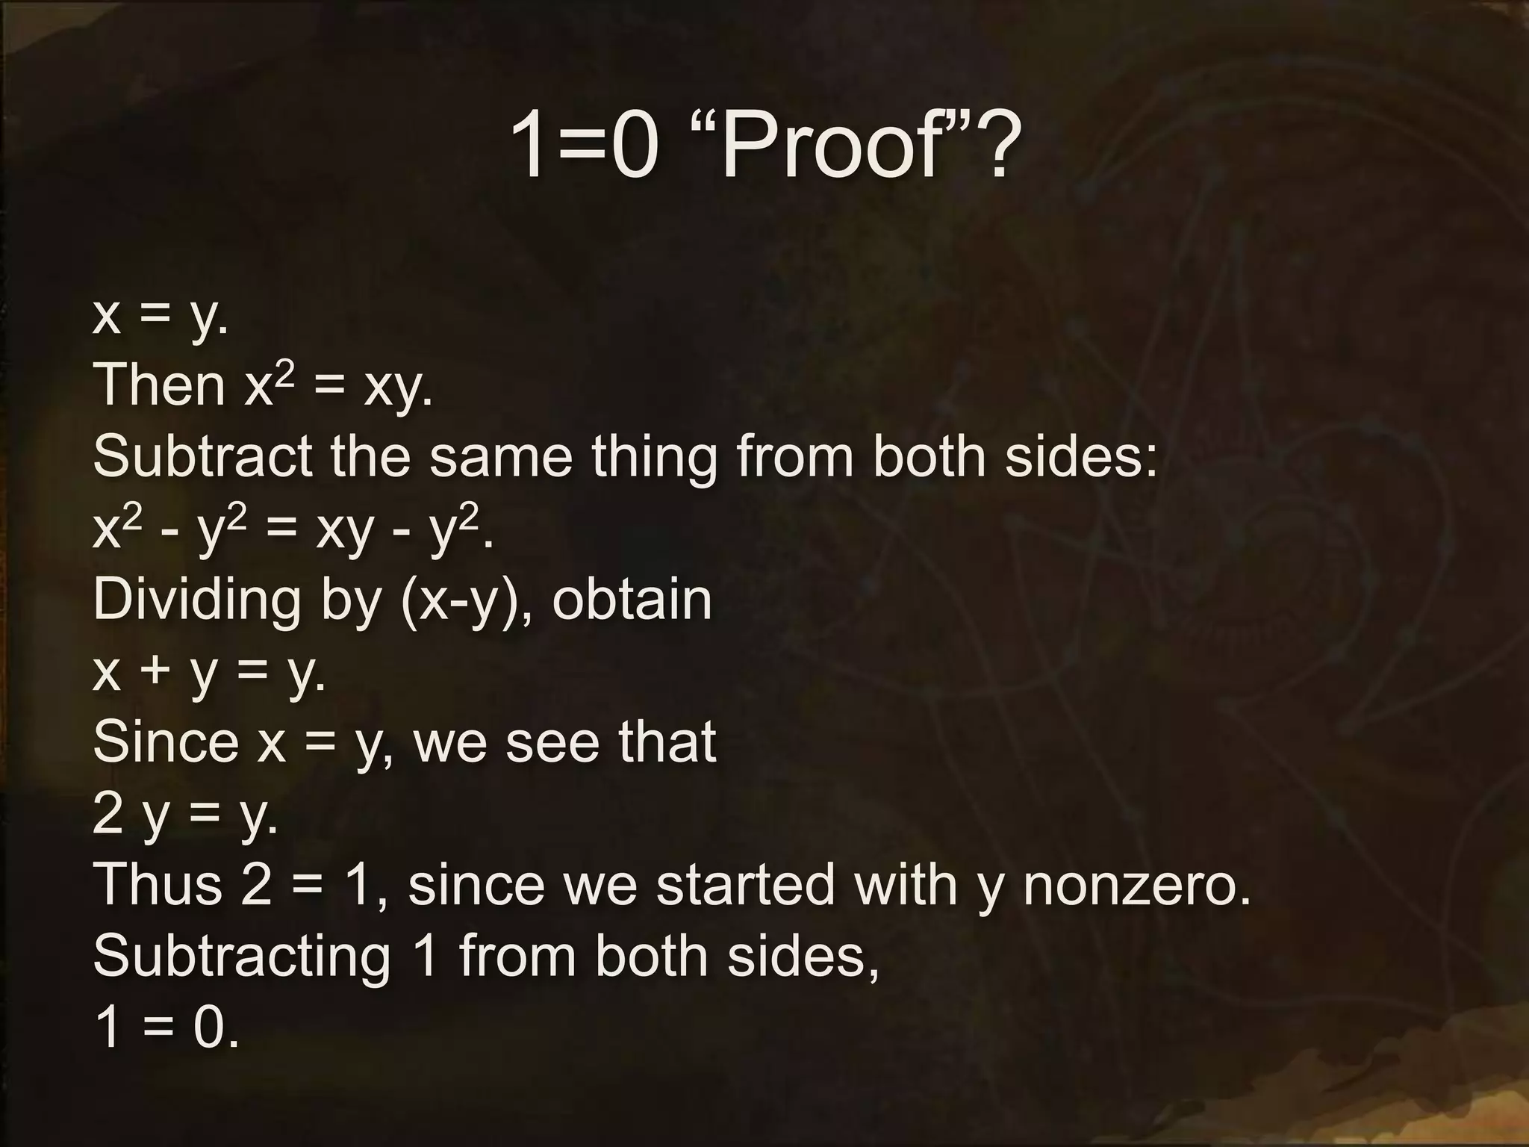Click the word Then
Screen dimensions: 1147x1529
tap(158, 385)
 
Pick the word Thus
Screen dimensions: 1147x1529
tap(157, 884)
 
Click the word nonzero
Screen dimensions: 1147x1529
tap(1136, 886)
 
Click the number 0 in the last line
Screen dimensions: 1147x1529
tap(209, 1028)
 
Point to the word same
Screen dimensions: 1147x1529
tap(500, 457)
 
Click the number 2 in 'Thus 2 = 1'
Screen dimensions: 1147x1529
tap(256, 884)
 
